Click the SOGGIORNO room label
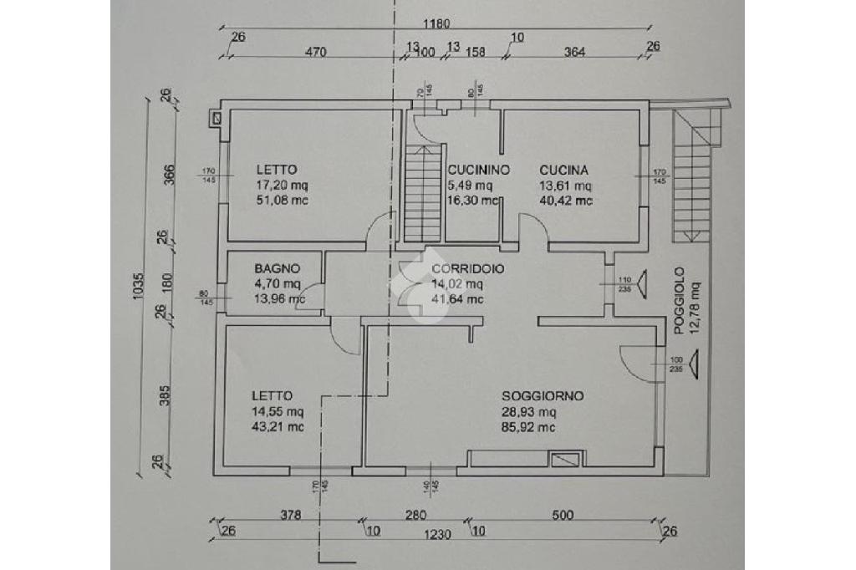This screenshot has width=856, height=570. tap(543, 396)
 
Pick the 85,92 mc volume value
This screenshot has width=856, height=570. tap(529, 427)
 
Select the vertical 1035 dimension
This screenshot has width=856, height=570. tap(138, 284)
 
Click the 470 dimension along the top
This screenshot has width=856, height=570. tap(314, 52)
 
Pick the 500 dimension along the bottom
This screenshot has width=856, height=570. tap(563, 515)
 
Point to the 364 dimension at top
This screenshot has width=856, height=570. tap(575, 52)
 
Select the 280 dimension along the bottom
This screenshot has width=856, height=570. tap(416, 515)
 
